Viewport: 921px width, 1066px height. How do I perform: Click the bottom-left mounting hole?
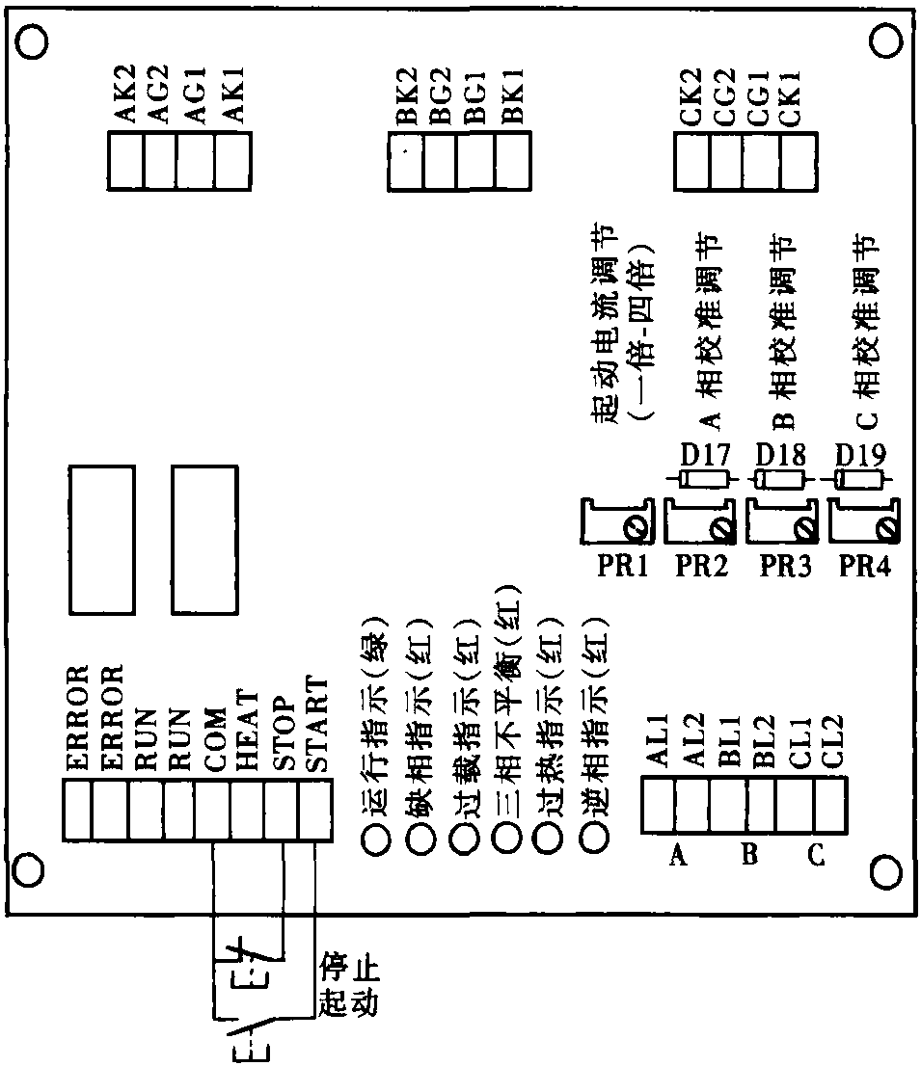[29, 868]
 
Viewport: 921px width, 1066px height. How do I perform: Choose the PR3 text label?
[784, 567]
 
